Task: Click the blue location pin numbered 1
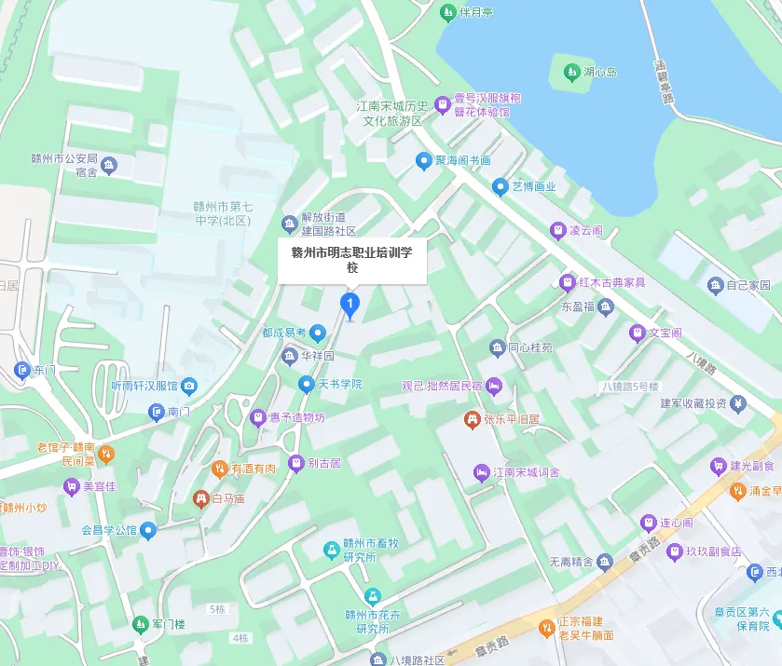[350, 304]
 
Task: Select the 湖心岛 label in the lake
[599, 72]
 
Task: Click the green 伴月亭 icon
[446, 13]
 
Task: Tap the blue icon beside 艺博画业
[501, 186]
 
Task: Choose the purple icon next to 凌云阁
[557, 229]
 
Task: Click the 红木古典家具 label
[611, 281]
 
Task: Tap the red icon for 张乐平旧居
[472, 420]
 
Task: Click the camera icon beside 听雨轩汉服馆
[189, 386]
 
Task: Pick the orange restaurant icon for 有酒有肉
[220, 468]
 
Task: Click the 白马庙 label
[228, 499]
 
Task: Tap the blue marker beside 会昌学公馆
[148, 531]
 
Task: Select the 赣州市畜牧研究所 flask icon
[330, 550]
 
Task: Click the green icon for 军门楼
[140, 623]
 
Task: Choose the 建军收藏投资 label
[693, 403]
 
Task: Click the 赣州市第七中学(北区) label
[223, 213]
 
